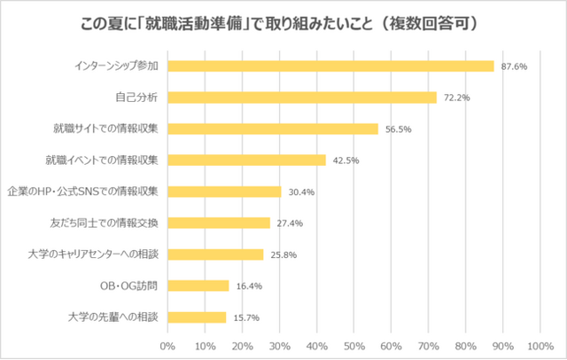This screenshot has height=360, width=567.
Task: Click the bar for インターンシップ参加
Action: click(330, 66)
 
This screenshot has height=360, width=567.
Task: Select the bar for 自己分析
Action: click(301, 97)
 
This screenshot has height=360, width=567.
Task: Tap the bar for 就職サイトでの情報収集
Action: click(272, 129)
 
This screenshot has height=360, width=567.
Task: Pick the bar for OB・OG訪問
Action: click(198, 286)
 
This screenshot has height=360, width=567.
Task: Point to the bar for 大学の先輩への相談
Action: click(196, 317)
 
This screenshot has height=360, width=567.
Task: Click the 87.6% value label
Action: click(515, 66)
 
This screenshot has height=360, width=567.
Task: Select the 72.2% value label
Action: click(457, 98)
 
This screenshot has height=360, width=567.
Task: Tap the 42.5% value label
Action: click(346, 160)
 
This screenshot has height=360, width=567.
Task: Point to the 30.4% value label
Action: click(301, 192)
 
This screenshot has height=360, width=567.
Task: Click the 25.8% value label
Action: click(284, 254)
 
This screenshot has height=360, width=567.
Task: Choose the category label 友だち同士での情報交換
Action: click(105, 223)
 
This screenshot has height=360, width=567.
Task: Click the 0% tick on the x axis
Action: click(167, 345)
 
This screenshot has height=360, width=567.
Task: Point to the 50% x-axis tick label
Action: click(353, 345)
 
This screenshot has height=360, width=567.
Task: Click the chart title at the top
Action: click(283, 20)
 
